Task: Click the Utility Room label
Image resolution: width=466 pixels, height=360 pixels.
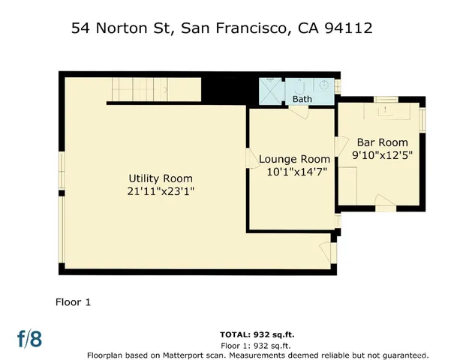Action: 160,178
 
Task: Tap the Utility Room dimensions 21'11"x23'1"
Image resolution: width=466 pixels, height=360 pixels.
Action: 160,192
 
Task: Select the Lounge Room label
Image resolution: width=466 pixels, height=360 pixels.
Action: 294,159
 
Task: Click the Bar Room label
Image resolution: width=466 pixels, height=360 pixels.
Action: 382,142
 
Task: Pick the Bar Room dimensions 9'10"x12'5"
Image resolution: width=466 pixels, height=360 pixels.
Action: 382,156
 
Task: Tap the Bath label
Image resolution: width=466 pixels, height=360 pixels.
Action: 302,99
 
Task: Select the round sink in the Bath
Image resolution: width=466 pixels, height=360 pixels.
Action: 324,85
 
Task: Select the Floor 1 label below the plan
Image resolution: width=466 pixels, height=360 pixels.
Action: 73,302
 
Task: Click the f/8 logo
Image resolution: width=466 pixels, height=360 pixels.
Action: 30,338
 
